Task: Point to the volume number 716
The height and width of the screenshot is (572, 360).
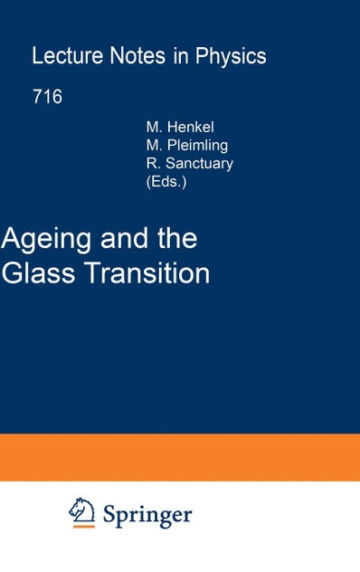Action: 47,97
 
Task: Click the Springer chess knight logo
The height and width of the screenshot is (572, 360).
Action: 82,513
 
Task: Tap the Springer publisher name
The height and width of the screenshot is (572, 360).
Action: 147,515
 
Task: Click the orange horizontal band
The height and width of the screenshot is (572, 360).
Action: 180,457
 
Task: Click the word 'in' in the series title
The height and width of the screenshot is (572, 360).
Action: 180,56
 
